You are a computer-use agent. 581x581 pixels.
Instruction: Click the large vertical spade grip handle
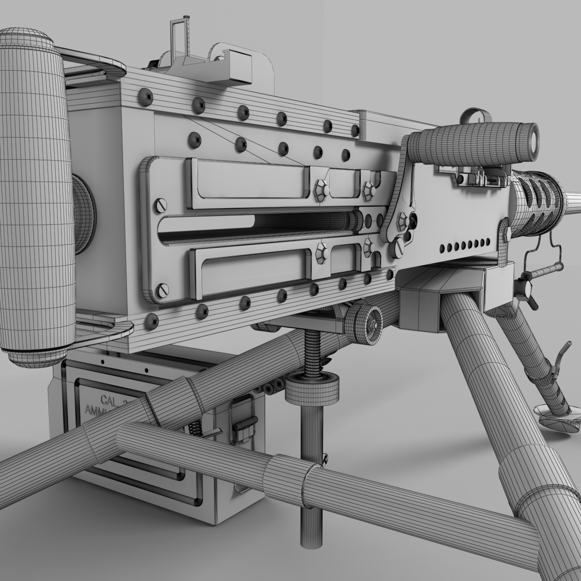pyautogui.click(x=34, y=194)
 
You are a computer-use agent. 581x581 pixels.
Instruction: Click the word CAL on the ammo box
pyautogui.click(x=110, y=399)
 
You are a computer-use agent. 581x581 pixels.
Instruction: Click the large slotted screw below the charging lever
pyautogui.click(x=398, y=249)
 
